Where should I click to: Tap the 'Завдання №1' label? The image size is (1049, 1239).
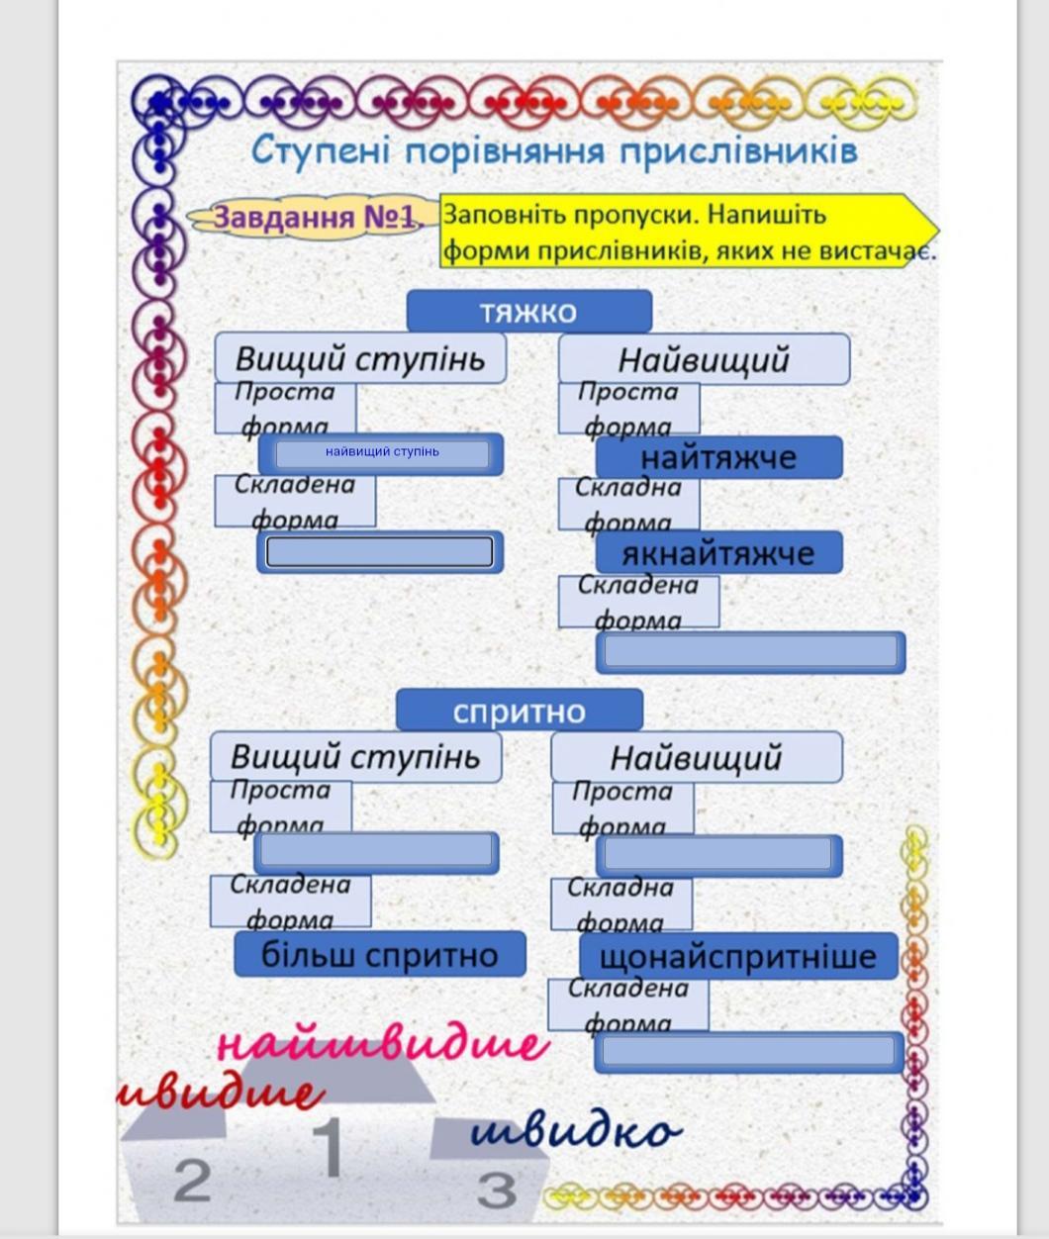314,217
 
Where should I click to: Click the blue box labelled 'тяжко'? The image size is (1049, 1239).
528,312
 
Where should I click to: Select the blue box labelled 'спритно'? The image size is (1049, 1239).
519,711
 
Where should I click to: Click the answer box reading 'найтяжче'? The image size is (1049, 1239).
718,458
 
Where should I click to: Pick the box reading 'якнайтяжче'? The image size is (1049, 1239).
718,553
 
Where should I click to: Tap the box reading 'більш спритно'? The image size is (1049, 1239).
379,955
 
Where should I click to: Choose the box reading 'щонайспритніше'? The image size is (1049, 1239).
738,957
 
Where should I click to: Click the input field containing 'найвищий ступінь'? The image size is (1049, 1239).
382,453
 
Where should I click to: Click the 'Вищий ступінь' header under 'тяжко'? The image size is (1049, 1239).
360,358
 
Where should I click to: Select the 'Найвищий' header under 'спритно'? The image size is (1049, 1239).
696,758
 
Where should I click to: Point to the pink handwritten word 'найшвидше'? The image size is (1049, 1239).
381,1045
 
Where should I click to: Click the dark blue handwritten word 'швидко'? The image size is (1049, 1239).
575,1131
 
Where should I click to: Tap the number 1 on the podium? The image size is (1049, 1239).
328,1148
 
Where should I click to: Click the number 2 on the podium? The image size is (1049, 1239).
193,1180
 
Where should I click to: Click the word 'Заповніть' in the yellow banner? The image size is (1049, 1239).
488,215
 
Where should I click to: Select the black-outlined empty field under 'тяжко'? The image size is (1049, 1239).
380,552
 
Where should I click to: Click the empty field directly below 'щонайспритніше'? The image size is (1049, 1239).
748,1051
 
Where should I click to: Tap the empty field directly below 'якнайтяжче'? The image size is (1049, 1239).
750,652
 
